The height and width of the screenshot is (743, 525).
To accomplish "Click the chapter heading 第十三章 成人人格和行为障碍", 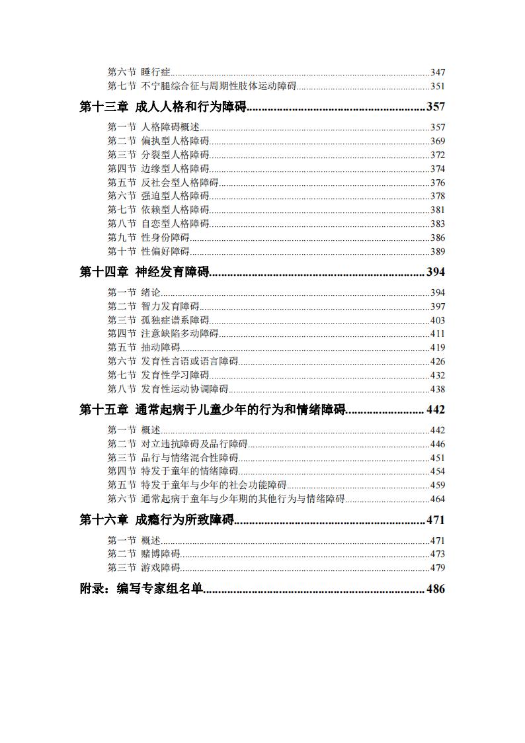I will [163, 107].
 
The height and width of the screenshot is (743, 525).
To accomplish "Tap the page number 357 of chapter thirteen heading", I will [436, 107].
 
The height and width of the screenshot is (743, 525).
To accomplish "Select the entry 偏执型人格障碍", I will [175, 141].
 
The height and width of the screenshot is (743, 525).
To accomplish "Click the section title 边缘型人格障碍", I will [175, 169].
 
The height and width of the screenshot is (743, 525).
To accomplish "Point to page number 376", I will [438, 183].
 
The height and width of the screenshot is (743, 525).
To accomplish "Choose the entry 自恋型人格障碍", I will [175, 224].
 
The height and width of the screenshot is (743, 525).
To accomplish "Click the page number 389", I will [438, 251].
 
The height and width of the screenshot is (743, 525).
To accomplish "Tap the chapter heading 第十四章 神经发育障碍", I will [144, 272].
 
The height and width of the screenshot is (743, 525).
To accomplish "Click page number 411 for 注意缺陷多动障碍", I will [438, 334].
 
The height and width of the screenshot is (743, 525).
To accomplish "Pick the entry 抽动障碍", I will [161, 347].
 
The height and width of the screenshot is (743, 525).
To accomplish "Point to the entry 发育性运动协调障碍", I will [185, 389].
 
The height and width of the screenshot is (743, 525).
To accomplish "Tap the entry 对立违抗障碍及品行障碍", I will [194, 444].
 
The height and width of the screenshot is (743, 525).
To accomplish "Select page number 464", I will [438, 500].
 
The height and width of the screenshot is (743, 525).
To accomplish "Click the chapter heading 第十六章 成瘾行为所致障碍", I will [157, 520].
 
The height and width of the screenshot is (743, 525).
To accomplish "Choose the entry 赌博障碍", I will [161, 554].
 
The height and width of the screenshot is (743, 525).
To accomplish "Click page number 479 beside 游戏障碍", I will [438, 568].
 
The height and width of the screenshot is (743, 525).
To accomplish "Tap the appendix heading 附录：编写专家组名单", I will [141, 590].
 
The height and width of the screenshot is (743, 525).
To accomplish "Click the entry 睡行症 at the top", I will [156, 72].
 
